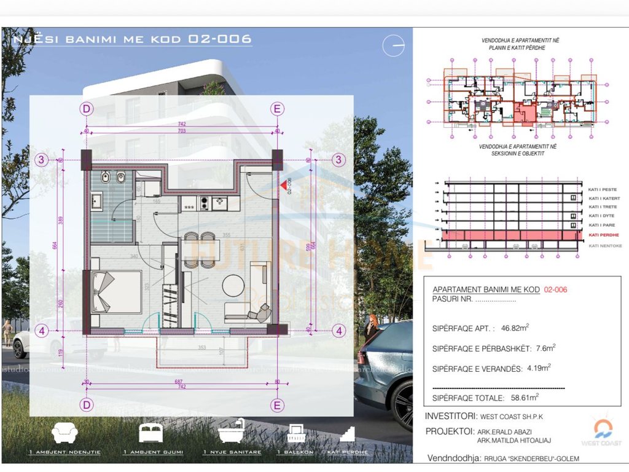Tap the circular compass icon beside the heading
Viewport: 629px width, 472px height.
pyautogui.click(x=393, y=46)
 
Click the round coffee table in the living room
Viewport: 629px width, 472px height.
pyautogui.click(x=234, y=285)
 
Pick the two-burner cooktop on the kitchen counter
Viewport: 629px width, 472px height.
pyautogui.click(x=219, y=202)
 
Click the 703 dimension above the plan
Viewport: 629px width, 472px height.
pyautogui.click(x=182, y=131)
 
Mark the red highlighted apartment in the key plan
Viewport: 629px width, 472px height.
pyautogui.click(x=523, y=114)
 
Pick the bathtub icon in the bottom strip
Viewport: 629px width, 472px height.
pyautogui.click(x=232, y=433)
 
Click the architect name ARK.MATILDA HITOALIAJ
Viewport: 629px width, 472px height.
pyautogui.click(x=514, y=439)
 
